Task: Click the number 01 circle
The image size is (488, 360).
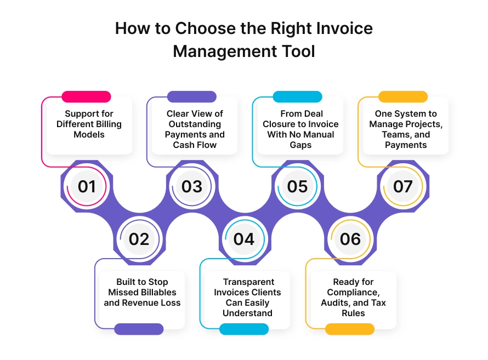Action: pyautogui.click(x=87, y=186)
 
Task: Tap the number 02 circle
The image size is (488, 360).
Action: pyautogui.click(x=139, y=239)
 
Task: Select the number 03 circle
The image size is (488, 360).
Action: pyautogui.click(x=192, y=186)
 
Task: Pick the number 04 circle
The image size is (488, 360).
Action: pyautogui.click(x=244, y=239)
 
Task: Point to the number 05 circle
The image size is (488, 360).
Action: pyautogui.click(x=297, y=186)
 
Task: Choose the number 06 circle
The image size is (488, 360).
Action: pyautogui.click(x=350, y=239)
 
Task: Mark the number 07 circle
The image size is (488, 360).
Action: pyautogui.click(x=402, y=186)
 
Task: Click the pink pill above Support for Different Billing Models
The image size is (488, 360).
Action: pyautogui.click(x=86, y=97)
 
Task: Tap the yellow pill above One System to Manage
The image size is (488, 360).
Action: pyautogui.click(x=403, y=97)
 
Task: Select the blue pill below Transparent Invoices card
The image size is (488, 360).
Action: pyautogui.click(x=244, y=329)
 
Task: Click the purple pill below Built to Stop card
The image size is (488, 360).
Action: pyautogui.click(x=139, y=329)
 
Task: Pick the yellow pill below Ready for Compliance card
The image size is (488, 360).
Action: pyautogui.click(x=350, y=329)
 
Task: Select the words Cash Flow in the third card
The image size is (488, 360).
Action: pyautogui.click(x=195, y=145)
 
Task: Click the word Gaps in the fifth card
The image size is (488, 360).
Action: pyautogui.click(x=300, y=145)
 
